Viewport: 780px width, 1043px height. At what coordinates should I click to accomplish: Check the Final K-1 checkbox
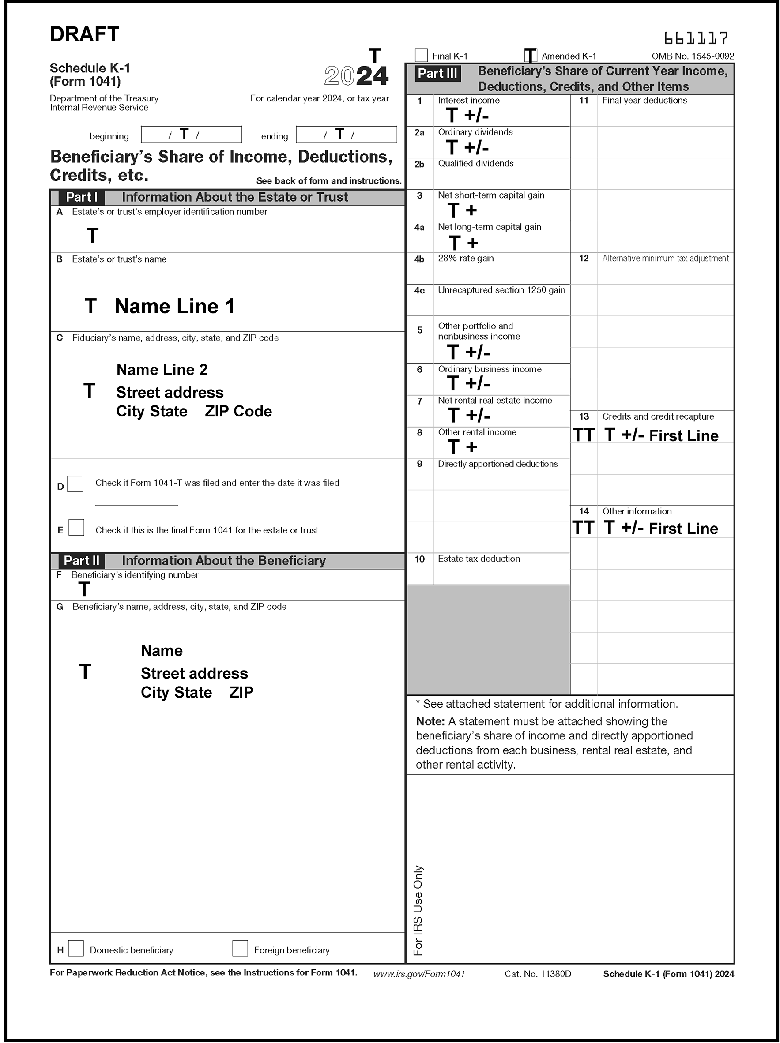point(421,55)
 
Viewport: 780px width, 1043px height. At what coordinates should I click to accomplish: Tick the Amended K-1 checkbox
point(531,56)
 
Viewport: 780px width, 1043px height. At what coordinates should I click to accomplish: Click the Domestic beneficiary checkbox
point(76,948)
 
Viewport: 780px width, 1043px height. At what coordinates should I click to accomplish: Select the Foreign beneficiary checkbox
point(240,948)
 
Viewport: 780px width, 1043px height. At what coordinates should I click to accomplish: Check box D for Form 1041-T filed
point(75,484)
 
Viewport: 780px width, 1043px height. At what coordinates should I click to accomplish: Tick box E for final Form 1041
point(76,527)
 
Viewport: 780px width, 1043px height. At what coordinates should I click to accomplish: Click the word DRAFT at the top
point(84,34)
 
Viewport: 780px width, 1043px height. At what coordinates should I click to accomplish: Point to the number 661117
point(696,38)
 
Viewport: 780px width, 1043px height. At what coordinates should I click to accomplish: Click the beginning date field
point(191,135)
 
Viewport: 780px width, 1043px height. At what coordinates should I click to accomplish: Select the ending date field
point(347,135)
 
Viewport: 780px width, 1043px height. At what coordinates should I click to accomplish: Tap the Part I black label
point(81,197)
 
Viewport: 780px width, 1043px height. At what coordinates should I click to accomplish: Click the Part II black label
point(81,561)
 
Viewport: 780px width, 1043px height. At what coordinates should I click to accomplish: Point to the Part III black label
point(437,74)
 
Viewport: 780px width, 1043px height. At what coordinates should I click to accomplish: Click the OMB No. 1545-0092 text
point(693,56)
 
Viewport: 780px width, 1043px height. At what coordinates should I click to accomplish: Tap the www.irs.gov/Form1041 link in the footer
point(419,974)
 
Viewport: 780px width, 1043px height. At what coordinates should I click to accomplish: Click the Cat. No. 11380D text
point(538,974)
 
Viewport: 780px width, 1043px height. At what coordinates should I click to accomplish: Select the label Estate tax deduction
point(479,559)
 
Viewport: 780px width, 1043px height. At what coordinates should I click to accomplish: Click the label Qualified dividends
point(476,164)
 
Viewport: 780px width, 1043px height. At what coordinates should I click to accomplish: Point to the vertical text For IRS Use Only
point(418,910)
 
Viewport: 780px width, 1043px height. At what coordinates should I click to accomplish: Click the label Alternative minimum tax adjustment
point(665,259)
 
